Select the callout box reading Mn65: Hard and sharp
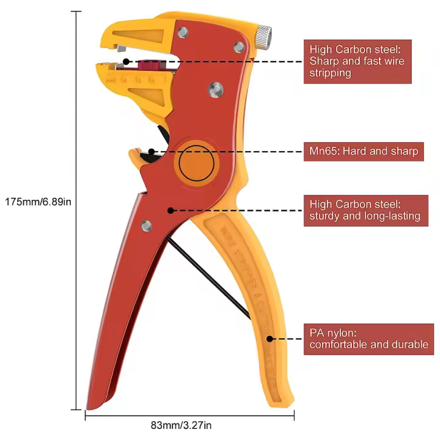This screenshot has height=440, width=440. coord(364,152)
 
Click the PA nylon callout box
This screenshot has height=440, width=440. coord(366,339)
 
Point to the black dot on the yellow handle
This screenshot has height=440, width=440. coord(269,338)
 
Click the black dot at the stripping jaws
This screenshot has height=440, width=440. coord(126,61)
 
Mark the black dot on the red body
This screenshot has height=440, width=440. coord(170,210)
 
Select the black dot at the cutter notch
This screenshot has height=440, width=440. coord(151,152)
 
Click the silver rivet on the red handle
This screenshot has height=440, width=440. coord(146,226)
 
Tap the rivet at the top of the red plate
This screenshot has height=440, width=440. coord(182,32)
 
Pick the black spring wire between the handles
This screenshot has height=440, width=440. coord(208,278)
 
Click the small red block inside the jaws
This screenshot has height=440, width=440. coord(150,64)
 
